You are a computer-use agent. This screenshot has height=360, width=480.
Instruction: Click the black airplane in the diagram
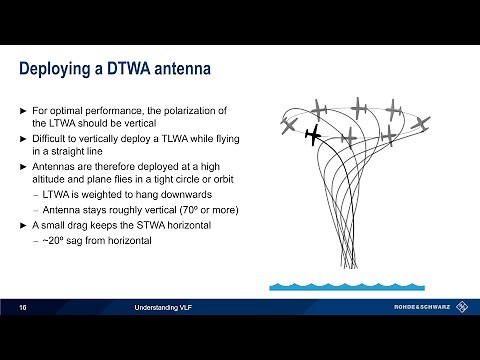point(312,134)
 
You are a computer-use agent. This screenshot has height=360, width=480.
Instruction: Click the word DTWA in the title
point(144,69)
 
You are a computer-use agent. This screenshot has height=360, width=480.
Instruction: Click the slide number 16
point(23,307)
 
